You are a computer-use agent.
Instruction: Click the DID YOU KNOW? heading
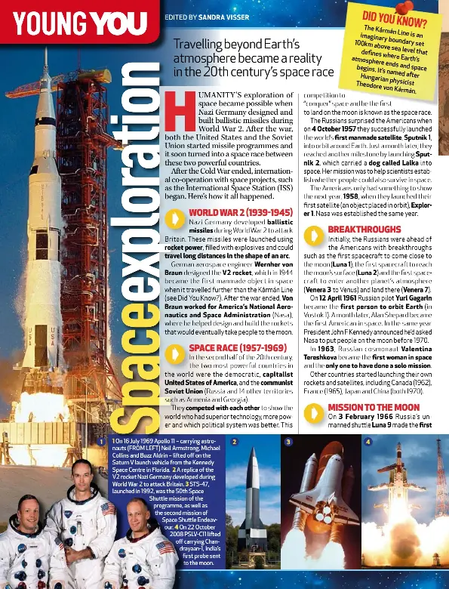pyautogui.click(x=394, y=22)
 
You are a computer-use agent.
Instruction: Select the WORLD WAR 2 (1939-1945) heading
pyautogui.click(x=239, y=212)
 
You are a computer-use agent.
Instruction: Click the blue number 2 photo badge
pyautogui.click(x=234, y=441)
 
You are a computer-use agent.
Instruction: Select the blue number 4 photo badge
pyautogui.click(x=368, y=441)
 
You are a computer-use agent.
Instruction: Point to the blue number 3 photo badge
pyautogui.click(x=288, y=441)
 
